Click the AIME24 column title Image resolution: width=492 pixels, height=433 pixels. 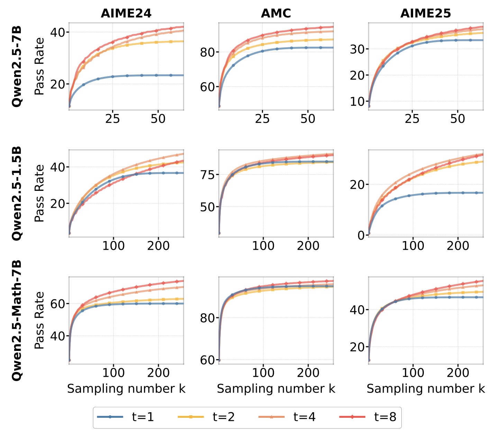click(x=126, y=13)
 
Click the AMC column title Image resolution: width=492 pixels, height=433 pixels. click(x=276, y=13)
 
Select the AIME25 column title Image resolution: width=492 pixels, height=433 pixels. click(x=426, y=13)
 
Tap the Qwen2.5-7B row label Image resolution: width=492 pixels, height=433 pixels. click(x=17, y=66)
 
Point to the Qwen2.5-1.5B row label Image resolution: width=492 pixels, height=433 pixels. click(x=17, y=193)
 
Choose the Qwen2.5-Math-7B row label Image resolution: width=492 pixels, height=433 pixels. click(x=17, y=320)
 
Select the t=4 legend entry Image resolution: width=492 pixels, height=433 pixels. click(x=287, y=417)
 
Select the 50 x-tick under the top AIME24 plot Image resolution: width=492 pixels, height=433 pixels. click(x=158, y=119)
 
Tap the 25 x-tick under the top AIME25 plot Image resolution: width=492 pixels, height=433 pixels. click(x=412, y=119)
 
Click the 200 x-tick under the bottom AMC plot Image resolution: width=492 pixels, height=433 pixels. click(x=308, y=373)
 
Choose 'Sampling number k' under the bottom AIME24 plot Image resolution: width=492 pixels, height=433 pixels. click(x=126, y=389)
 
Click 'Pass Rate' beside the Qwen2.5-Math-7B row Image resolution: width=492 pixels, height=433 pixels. click(x=39, y=320)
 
